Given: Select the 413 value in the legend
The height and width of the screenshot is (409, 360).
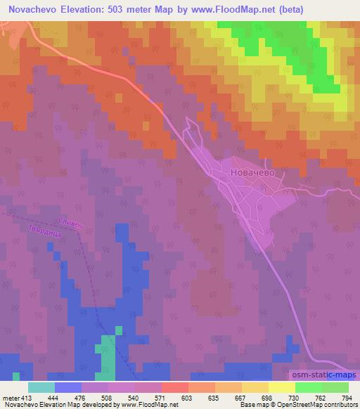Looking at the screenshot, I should pos(27,397).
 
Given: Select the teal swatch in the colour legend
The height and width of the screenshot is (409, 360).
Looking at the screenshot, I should pos(41,387).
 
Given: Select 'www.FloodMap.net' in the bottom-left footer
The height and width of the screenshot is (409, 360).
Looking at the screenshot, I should pos(151,405).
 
